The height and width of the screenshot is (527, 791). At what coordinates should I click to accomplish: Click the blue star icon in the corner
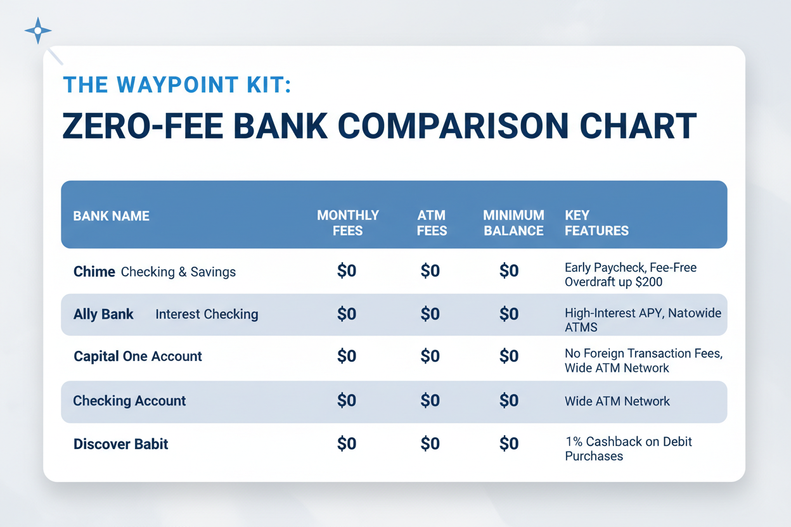pos(38,30)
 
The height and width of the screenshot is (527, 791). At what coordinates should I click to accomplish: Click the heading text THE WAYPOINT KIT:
pos(177,84)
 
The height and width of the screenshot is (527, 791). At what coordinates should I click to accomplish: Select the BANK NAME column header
pos(111,216)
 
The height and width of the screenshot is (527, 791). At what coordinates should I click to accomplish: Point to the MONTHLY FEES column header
pos(347,223)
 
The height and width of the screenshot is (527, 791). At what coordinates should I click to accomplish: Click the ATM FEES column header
pos(432,223)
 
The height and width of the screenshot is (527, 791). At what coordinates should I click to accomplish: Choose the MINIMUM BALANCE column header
pos(513,223)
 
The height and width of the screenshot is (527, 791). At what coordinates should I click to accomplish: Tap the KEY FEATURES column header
pos(596,223)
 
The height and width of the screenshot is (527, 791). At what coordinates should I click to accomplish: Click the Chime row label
pos(94,272)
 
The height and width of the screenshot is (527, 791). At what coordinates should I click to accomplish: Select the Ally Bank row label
pos(103,314)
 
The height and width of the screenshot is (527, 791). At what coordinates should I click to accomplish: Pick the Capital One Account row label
pos(138,356)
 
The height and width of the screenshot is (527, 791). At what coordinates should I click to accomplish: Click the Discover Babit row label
pos(121,444)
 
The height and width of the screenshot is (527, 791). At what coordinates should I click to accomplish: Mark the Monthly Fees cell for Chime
pos(347,271)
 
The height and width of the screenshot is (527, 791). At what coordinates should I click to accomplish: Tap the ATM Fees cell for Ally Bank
pos(430,314)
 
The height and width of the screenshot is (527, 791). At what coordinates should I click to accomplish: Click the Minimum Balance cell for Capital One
pos(509,356)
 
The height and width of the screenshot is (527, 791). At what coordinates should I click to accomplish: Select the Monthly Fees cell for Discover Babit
pos(347,444)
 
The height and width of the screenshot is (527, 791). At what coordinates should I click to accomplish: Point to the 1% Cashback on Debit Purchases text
pos(628,448)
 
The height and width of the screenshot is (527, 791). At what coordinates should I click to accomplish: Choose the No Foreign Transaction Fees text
pos(643,353)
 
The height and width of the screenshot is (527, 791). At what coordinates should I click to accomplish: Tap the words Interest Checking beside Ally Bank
pos(207,314)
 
